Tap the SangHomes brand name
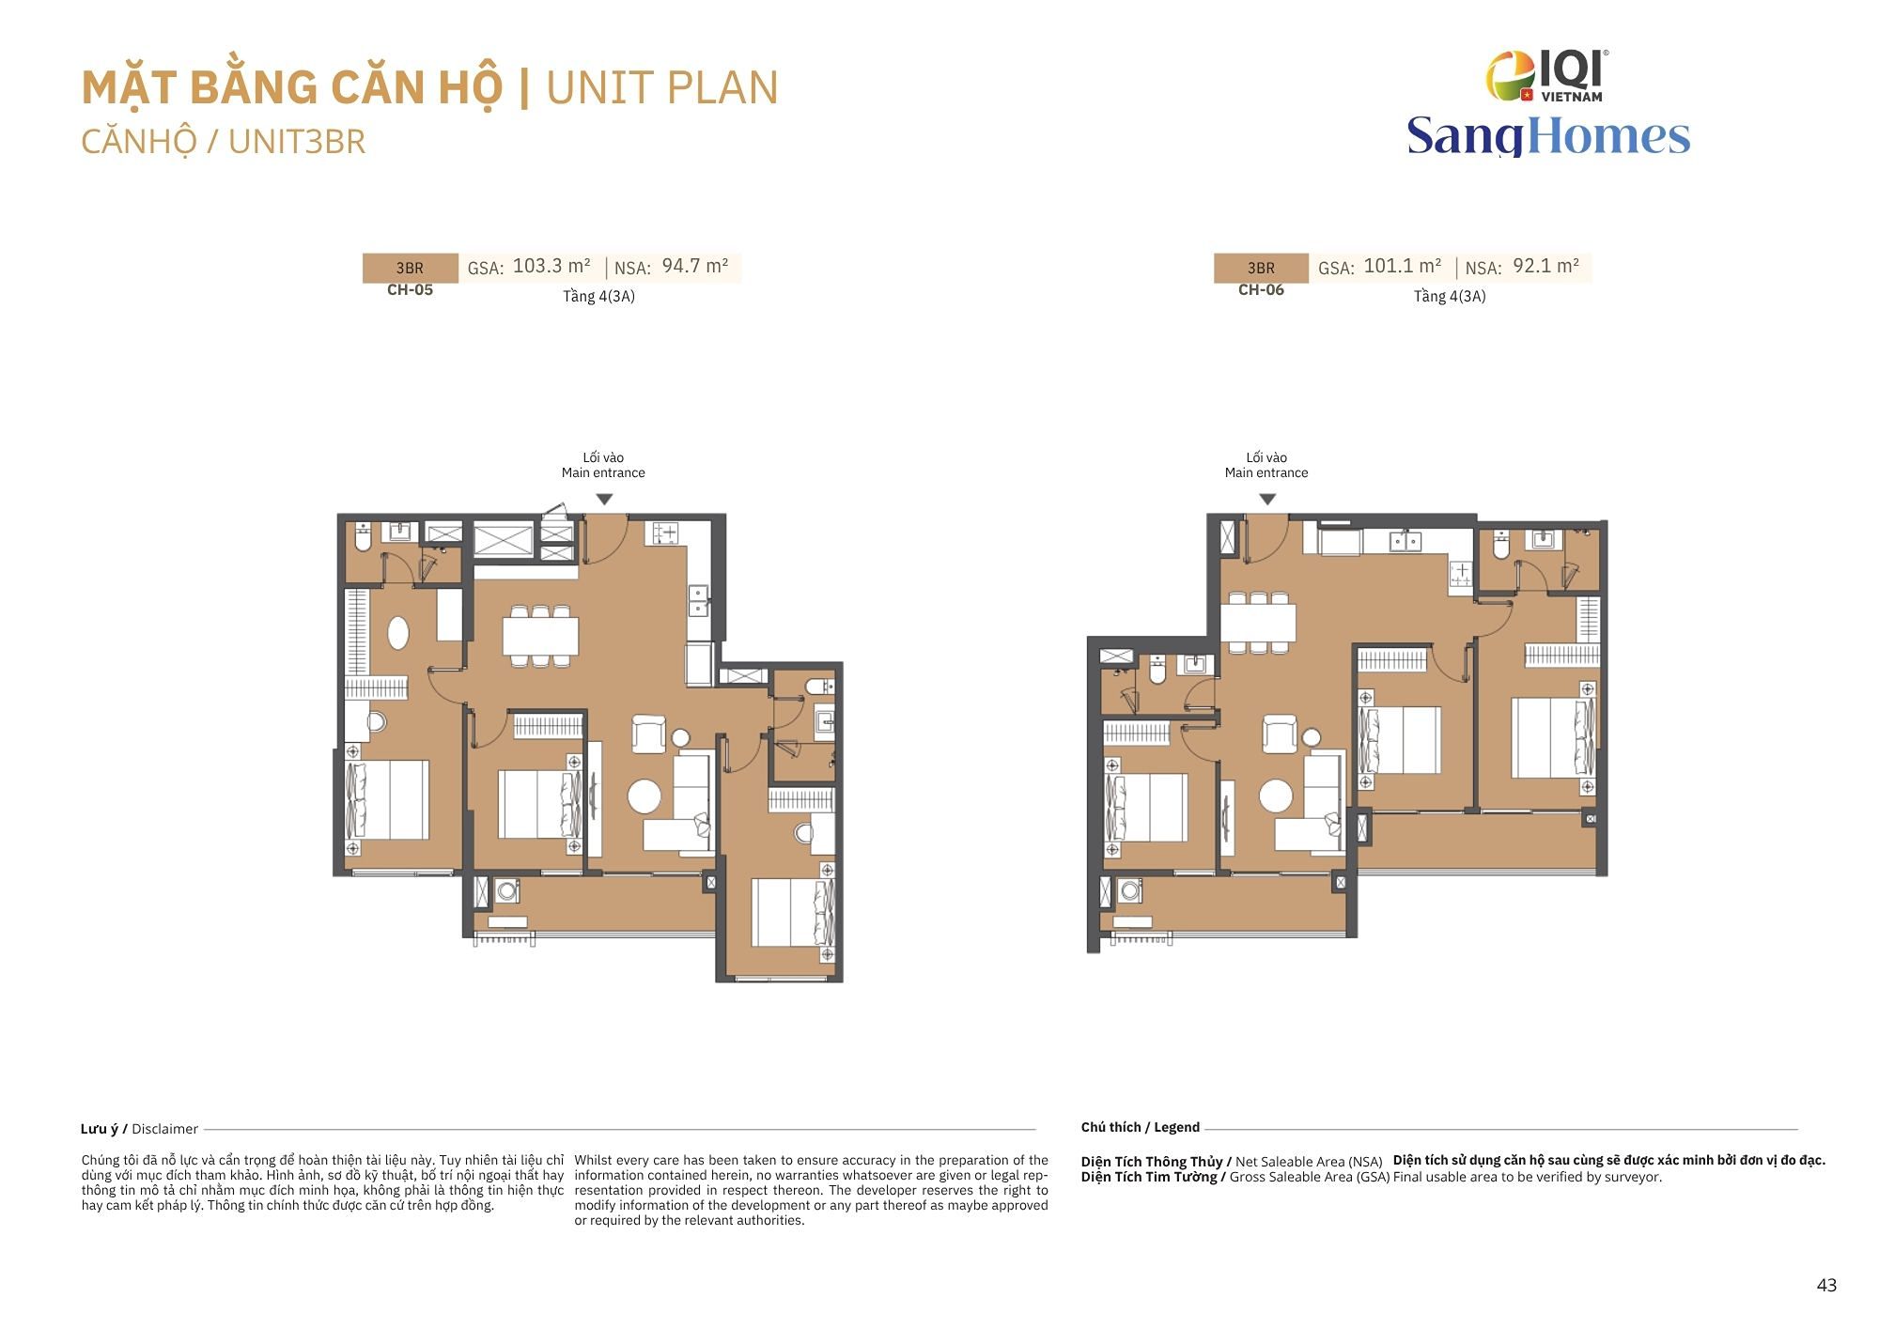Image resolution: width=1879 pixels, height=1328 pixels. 1548,136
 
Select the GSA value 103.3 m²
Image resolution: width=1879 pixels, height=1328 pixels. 551,266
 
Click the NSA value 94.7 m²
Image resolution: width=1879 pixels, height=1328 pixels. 695,266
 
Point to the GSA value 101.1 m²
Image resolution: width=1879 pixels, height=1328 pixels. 1403,266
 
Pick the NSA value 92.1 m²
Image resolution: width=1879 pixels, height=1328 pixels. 1546,266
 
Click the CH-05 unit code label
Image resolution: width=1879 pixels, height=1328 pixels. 410,289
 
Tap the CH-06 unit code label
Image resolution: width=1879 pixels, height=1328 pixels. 1261,289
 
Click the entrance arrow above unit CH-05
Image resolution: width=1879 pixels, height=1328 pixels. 605,500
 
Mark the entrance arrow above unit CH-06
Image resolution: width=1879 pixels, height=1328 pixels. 1267,500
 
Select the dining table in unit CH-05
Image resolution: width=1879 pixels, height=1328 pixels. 540,636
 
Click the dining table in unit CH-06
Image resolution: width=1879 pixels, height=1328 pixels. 1258,623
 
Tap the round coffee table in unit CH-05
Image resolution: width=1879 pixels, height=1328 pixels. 644,796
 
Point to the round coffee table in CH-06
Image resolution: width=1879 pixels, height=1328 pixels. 1276,795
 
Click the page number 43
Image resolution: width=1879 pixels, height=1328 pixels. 1826,1285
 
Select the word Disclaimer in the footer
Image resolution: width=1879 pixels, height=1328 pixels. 165,1129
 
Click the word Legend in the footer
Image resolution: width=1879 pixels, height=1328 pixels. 1176,1127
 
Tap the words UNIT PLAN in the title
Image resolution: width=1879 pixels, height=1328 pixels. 662,87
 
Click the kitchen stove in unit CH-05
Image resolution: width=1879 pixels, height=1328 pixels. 665,533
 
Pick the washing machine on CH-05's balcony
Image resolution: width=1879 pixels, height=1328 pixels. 507,889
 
